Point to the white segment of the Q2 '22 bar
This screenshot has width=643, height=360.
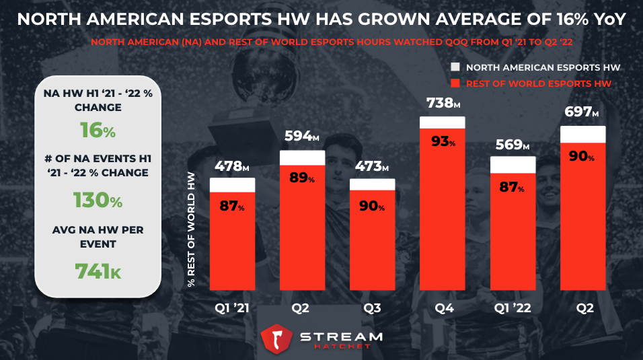583,135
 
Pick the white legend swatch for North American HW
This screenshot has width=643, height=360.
455,67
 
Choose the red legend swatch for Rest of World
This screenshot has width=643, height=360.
455,83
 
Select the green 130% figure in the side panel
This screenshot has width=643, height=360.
98,201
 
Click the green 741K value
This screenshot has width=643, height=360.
98,271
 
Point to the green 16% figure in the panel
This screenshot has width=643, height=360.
98,131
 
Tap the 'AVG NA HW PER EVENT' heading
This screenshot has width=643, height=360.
98,237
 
